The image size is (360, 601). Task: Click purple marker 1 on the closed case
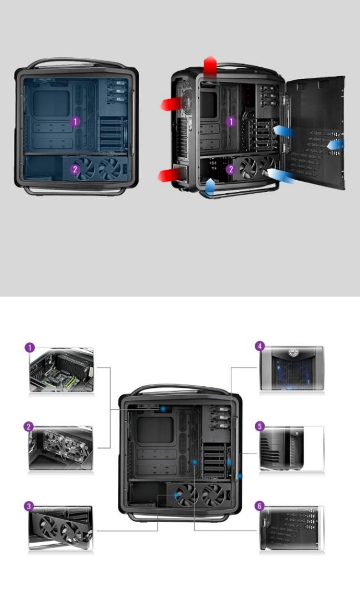(x=75, y=121)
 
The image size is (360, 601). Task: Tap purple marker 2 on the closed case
(x=75, y=169)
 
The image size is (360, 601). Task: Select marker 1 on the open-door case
(x=231, y=121)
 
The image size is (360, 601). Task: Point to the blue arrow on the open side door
(x=336, y=145)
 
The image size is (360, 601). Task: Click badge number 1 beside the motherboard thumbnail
(x=29, y=347)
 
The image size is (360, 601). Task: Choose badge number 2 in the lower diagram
(x=29, y=427)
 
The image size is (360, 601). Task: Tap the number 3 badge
(x=29, y=506)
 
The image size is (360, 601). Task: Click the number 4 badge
(x=259, y=346)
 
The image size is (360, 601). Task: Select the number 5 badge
(x=259, y=426)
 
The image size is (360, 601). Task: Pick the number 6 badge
(x=259, y=506)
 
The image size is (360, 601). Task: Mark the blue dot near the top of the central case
(x=164, y=408)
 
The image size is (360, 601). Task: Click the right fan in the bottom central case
(x=214, y=495)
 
